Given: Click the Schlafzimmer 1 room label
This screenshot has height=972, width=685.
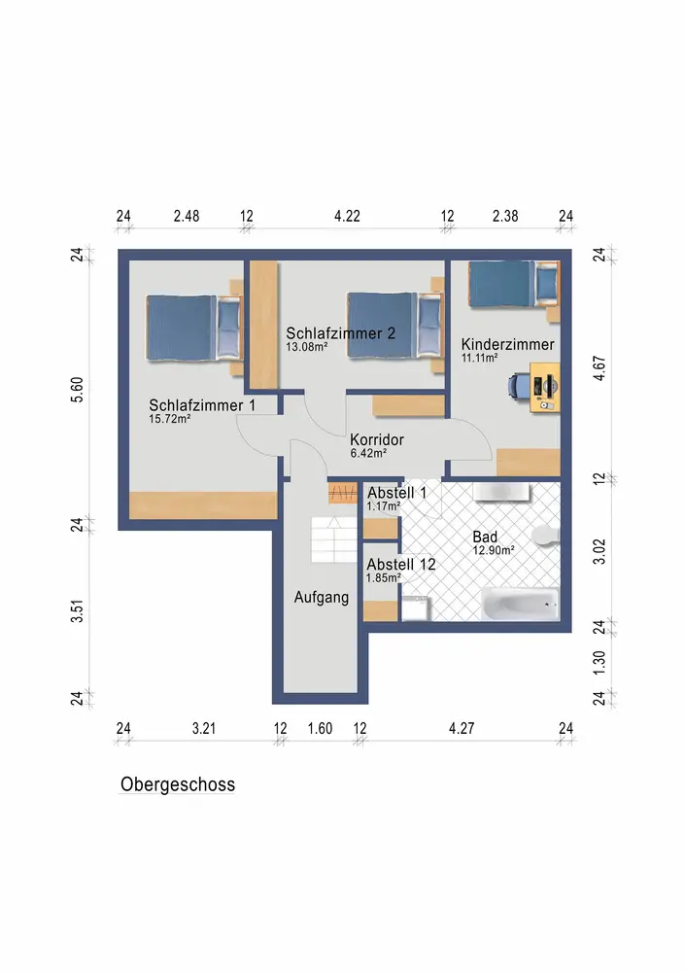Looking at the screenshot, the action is point(202,405).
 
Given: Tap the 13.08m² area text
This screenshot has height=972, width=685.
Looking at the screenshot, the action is point(306,347).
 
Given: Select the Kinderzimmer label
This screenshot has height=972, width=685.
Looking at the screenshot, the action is point(507,345).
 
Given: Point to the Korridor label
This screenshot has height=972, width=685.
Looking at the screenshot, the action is point(377,439).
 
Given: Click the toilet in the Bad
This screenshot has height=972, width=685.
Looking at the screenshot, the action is point(546,536).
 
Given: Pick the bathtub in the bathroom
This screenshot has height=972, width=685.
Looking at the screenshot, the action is point(521,604).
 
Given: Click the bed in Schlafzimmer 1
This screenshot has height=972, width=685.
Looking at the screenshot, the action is point(193,328).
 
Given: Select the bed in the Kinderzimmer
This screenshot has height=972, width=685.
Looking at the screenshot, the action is point(513,284).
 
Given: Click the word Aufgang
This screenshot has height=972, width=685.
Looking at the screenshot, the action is point(321,598).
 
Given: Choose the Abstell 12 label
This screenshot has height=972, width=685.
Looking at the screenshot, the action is point(401,565).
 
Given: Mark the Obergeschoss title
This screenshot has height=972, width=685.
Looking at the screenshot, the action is point(178,784).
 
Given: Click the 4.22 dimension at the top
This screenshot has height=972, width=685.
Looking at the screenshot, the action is point(347,217).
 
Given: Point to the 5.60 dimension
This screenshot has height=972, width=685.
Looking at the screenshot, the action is point(77,390).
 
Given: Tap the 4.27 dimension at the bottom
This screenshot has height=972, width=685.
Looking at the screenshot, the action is point(462,728).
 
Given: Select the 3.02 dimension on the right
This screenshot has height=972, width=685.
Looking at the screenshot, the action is point(599,552).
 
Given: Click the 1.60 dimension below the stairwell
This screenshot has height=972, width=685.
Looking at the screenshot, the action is point(320,728).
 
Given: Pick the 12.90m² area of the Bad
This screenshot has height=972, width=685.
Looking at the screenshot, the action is point(494,550).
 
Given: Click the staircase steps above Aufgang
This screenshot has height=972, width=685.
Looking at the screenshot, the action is point(333,539).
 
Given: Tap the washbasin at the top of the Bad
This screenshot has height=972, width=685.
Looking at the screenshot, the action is point(501,492).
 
